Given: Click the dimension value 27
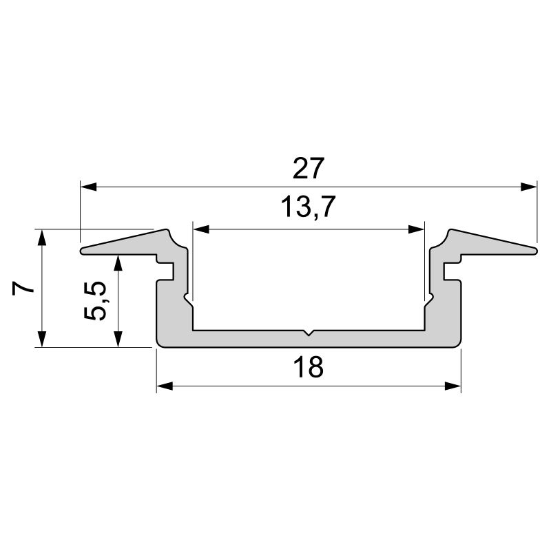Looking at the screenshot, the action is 308,169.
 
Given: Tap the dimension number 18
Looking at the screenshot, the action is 308,367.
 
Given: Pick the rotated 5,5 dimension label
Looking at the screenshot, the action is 95,300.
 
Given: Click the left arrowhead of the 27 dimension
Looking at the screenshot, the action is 89,187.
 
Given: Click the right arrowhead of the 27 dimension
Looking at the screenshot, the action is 529,187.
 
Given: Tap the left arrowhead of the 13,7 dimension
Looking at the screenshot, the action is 201,230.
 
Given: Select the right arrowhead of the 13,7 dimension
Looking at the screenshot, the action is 416,230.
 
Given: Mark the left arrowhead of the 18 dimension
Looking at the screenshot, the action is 165,386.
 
